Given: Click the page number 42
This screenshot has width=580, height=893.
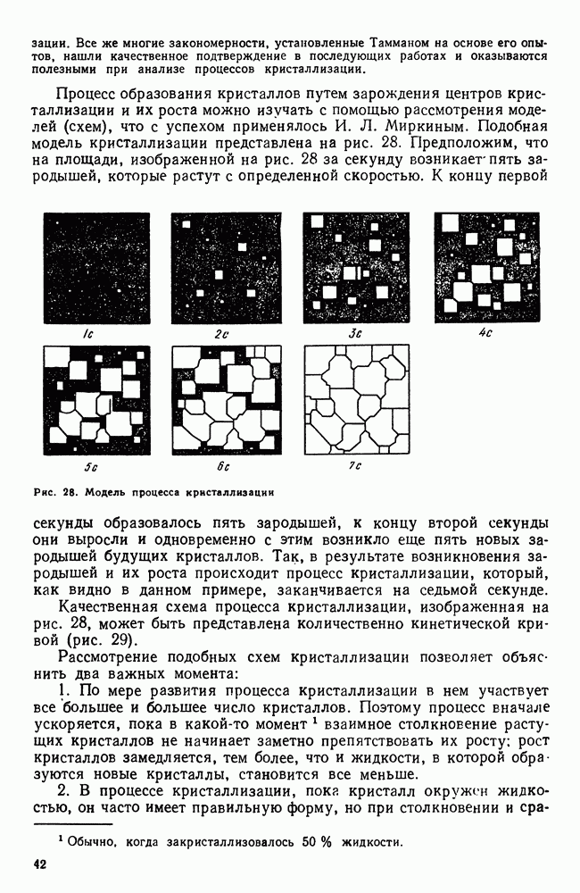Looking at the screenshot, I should [38, 864].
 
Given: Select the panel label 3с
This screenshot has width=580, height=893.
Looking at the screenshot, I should [353, 333].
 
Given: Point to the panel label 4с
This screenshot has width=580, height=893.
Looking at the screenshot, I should [485, 333].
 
